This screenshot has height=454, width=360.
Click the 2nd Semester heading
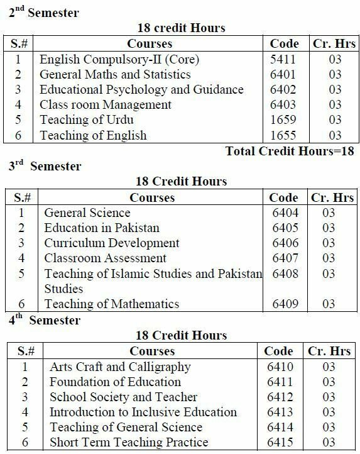point(44,13)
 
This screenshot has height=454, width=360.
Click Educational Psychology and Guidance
point(141,89)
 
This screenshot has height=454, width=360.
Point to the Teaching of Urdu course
point(87,119)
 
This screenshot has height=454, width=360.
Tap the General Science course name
point(87,213)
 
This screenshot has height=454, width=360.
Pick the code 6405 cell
point(283,228)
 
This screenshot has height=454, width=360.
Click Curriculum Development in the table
point(112,243)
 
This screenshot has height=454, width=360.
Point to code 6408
point(283,274)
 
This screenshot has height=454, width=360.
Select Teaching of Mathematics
point(112,304)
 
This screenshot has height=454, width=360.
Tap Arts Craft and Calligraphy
point(120,367)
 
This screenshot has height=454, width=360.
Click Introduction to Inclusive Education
point(143,412)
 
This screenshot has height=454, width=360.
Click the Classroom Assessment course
point(106,258)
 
